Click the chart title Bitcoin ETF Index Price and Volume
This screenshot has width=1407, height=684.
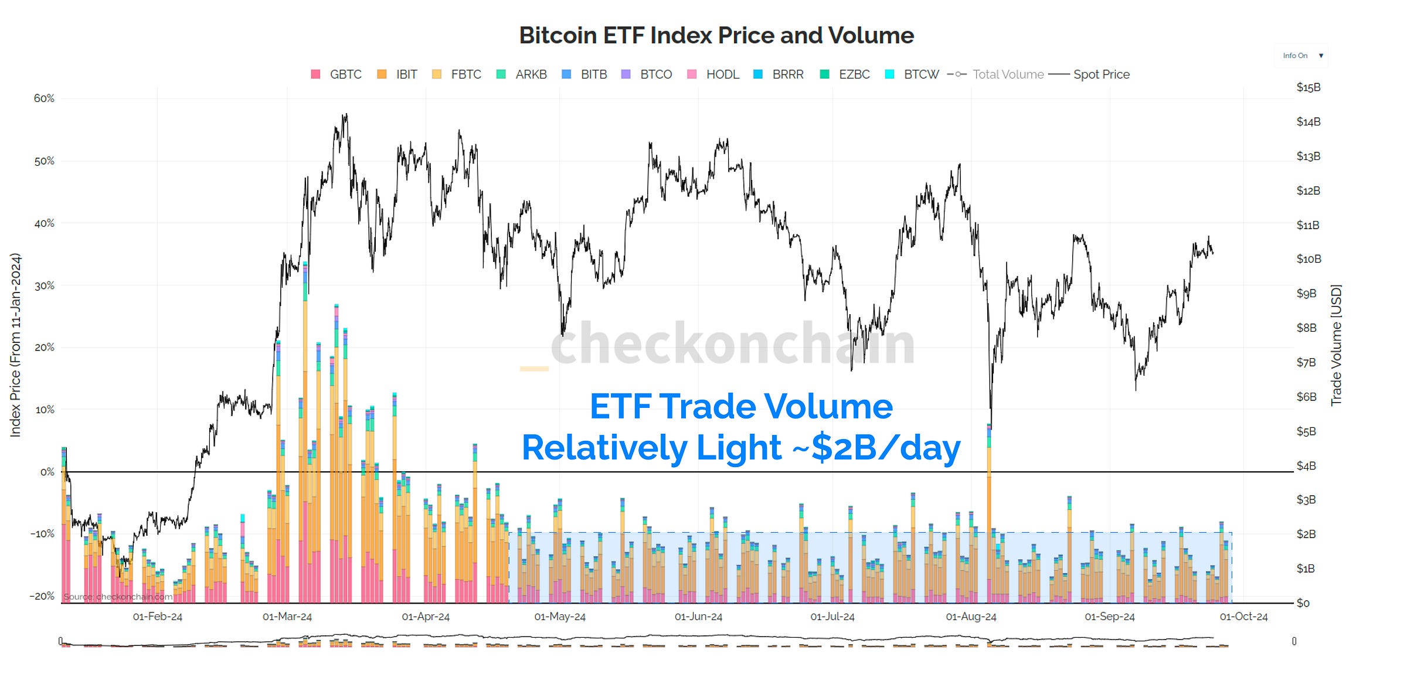pos(716,36)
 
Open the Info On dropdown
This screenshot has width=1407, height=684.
pos(1301,56)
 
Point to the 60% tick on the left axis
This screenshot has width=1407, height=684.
pos(44,98)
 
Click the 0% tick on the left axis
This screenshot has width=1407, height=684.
pos(47,472)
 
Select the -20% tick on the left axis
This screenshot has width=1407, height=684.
pos(42,596)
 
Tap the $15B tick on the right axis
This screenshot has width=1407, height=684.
pos(1308,87)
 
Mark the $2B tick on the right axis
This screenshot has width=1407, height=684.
pos(1306,534)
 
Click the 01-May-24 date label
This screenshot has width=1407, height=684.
pos(560,617)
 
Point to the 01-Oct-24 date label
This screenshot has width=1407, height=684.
pos(1243,617)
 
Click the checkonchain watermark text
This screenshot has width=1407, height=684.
pos(732,344)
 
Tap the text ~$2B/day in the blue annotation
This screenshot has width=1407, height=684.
pos(876,448)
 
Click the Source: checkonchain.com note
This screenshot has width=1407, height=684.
pos(118,597)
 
